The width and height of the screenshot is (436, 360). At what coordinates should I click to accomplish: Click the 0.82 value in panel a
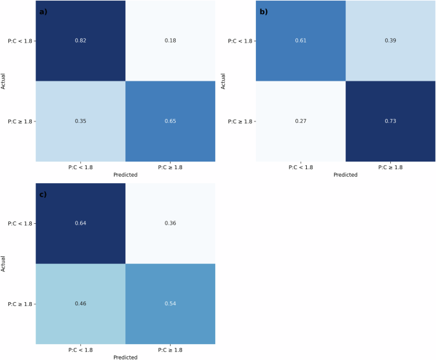[x=80, y=41]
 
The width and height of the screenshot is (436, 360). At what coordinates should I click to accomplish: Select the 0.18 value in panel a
[x=170, y=41]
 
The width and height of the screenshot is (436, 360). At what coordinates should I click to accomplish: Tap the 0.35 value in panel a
[x=80, y=121]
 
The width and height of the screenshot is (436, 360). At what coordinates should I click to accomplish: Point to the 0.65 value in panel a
[x=170, y=121]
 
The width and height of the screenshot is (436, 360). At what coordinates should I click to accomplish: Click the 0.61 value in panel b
[x=300, y=41]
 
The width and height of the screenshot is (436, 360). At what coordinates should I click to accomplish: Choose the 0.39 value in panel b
[x=390, y=41]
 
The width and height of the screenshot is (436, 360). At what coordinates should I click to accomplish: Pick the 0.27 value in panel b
[x=300, y=121]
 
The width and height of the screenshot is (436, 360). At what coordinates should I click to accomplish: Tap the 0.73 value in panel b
[x=390, y=121]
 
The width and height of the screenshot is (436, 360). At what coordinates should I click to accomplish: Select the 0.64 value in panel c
[x=80, y=223]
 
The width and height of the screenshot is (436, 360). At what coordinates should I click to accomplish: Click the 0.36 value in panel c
[x=170, y=223]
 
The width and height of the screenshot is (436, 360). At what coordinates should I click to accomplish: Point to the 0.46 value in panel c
[x=80, y=304]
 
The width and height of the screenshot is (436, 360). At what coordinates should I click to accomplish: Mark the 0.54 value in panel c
[x=170, y=304]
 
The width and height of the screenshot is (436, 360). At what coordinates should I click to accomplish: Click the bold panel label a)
[x=43, y=11]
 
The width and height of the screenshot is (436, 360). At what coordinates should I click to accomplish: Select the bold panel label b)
[x=264, y=11]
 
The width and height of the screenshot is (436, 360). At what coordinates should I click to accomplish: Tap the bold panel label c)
[x=43, y=194]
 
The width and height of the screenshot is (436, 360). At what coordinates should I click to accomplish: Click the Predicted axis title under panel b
[x=345, y=175]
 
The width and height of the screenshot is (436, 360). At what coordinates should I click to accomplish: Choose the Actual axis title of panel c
[x=4, y=263]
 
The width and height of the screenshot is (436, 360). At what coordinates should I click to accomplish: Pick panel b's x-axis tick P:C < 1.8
[x=300, y=167]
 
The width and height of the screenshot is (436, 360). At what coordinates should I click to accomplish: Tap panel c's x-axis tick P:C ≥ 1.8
[x=170, y=350]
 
